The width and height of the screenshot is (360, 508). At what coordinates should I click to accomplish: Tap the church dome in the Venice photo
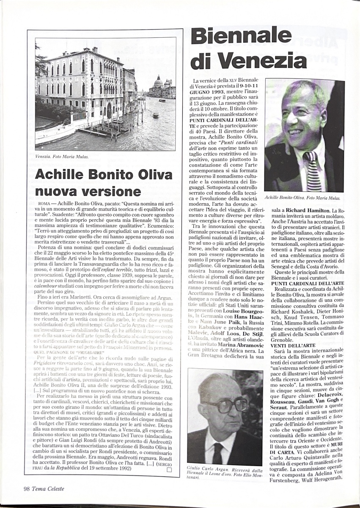[158, 80]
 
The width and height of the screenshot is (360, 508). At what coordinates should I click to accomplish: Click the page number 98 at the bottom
[27, 489]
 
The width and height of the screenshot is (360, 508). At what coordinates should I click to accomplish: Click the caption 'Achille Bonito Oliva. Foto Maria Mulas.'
[302, 198]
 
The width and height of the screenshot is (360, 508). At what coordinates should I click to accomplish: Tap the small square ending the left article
[169, 469]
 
